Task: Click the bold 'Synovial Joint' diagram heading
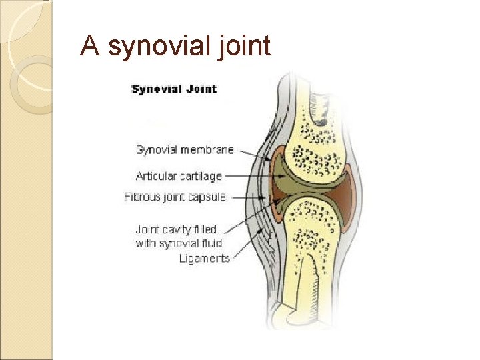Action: pyautogui.click(x=174, y=89)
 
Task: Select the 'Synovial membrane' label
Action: pyautogui.click(x=185, y=149)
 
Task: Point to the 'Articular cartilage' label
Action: pyautogui.click(x=179, y=176)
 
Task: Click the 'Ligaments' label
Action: pyautogui.click(x=204, y=259)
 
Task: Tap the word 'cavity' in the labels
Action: pyautogui.click(x=180, y=229)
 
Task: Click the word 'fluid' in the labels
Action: pyautogui.click(x=208, y=243)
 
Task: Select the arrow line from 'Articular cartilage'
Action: pyautogui.click(x=250, y=177)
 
